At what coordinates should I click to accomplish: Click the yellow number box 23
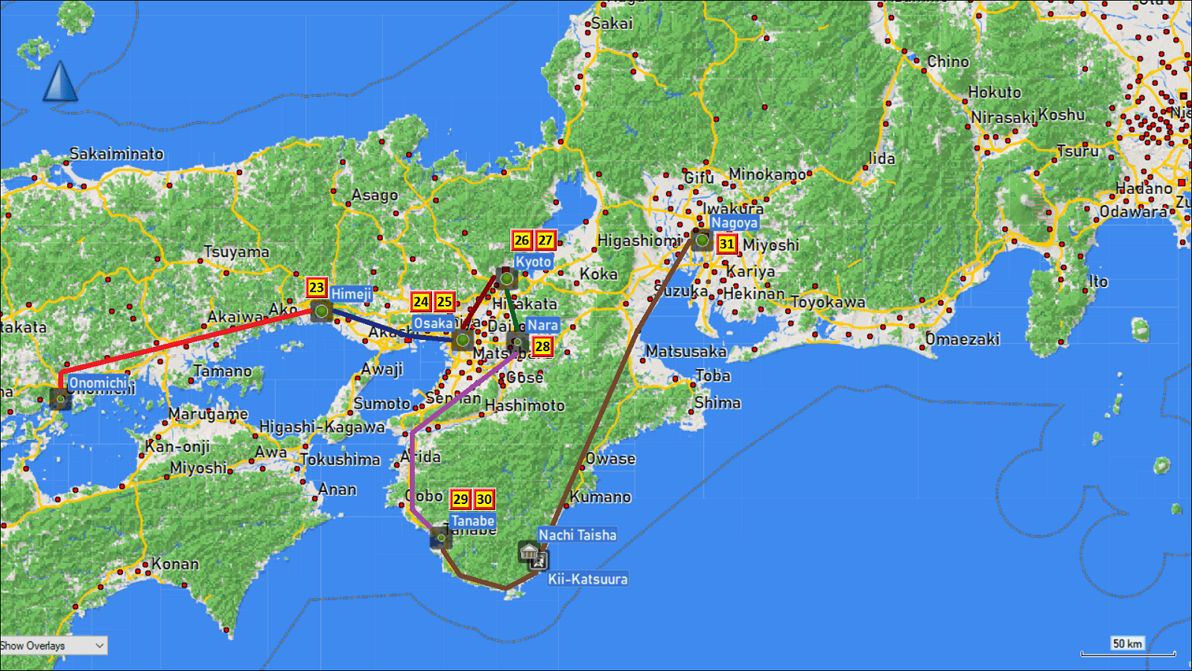coord(317,288)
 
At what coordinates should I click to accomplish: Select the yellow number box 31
coord(726,244)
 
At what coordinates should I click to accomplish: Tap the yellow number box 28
coord(542,346)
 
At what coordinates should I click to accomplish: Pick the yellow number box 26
coord(521,240)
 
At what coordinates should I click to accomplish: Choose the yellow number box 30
coord(484,499)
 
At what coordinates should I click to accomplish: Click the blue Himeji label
coord(351,294)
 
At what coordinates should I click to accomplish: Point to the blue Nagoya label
coord(734,223)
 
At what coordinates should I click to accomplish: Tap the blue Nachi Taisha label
coord(577,535)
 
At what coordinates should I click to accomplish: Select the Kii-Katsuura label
coord(588,579)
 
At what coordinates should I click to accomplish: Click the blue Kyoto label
coord(533,262)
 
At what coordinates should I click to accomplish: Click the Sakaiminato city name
coord(116,154)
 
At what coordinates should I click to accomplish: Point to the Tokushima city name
coord(340,459)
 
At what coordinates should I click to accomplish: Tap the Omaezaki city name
coord(962,339)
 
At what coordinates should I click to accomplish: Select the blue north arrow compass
coord(60,82)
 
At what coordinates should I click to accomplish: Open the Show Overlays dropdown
coord(54,646)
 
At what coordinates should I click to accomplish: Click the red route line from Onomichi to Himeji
coord(186,342)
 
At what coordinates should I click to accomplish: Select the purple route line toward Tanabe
coord(412,470)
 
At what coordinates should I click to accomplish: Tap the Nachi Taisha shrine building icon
coord(530,552)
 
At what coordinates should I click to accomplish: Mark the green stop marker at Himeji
coord(321,310)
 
